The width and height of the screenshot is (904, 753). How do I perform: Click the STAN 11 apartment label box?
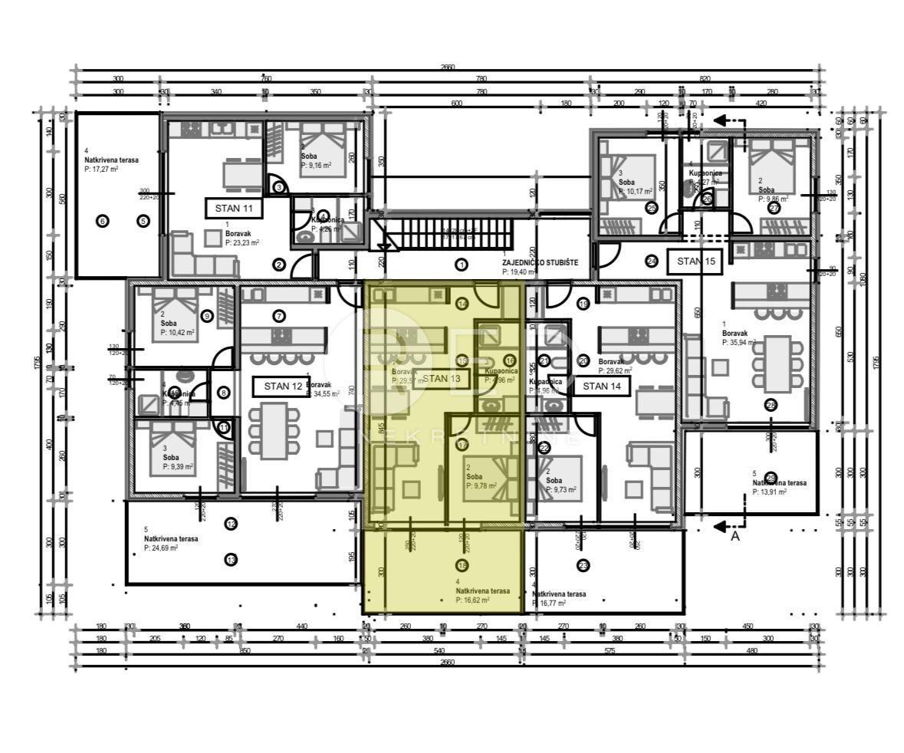[234, 207]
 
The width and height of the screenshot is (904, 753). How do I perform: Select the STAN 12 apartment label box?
[283, 386]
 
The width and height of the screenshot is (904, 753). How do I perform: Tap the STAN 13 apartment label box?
[442, 378]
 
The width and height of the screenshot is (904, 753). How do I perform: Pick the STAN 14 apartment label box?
[602, 386]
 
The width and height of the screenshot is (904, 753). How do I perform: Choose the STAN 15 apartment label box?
[695, 261]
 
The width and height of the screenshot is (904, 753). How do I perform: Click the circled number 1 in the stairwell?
[462, 265]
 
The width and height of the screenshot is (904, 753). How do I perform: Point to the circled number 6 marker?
[103, 222]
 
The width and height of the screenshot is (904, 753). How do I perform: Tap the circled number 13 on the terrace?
[232, 560]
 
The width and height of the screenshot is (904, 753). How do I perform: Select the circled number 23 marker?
[583, 566]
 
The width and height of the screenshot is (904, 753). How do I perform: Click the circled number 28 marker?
[771, 405]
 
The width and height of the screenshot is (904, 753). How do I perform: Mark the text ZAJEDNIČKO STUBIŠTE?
[540, 262]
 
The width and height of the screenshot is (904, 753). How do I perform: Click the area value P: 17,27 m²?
[101, 169]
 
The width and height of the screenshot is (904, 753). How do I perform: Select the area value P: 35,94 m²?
[738, 343]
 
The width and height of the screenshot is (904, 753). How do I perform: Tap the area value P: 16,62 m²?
[473, 600]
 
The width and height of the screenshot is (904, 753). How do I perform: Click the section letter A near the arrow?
[735, 537]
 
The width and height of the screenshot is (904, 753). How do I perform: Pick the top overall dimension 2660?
[448, 67]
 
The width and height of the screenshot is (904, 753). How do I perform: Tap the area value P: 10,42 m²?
[177, 333]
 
